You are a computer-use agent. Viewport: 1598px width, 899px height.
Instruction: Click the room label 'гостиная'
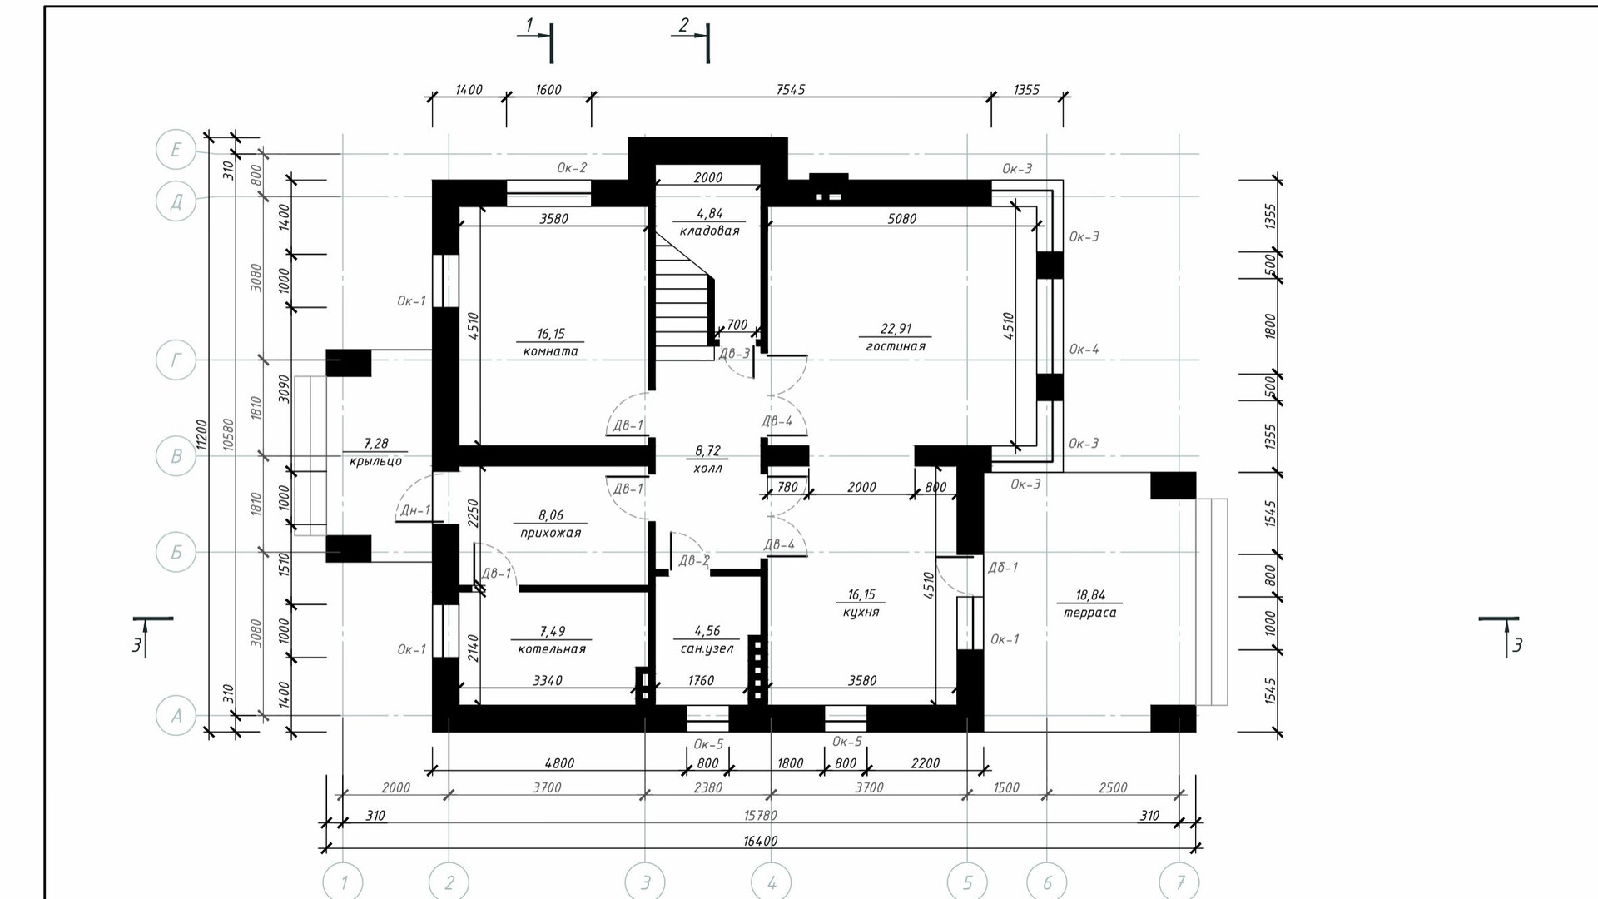(x=896, y=346)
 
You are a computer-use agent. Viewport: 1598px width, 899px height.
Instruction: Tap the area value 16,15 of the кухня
(x=861, y=594)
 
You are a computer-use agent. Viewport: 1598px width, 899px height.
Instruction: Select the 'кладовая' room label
(x=709, y=231)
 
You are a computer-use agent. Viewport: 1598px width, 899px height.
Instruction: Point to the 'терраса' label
(x=1089, y=613)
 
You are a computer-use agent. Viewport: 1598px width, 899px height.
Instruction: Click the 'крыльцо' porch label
(x=375, y=461)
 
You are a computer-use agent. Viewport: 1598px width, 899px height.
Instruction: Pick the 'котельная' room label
(x=552, y=648)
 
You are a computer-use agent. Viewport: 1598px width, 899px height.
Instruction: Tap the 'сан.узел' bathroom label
(x=707, y=648)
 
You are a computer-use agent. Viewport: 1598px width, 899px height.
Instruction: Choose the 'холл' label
(x=707, y=469)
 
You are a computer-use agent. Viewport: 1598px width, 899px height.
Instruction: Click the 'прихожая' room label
(x=551, y=533)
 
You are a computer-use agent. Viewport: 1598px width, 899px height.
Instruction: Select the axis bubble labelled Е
(x=176, y=150)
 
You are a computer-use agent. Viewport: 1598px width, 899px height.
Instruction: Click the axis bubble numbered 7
(x=1180, y=882)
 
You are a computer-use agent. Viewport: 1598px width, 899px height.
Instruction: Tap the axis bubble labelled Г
(x=176, y=360)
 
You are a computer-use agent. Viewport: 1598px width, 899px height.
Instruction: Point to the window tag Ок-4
(x=1084, y=349)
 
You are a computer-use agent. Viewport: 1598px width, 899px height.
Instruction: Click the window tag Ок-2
(x=572, y=167)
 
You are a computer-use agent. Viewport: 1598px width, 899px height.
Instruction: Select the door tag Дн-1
(x=415, y=510)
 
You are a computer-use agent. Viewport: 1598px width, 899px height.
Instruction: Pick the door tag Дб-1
(x=1003, y=567)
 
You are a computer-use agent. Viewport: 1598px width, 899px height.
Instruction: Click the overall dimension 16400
(x=760, y=841)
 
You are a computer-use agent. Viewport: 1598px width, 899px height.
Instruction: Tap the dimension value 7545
(x=791, y=89)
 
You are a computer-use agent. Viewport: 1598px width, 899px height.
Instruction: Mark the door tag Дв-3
(x=734, y=354)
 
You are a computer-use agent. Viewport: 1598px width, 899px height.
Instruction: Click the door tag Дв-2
(x=694, y=560)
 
